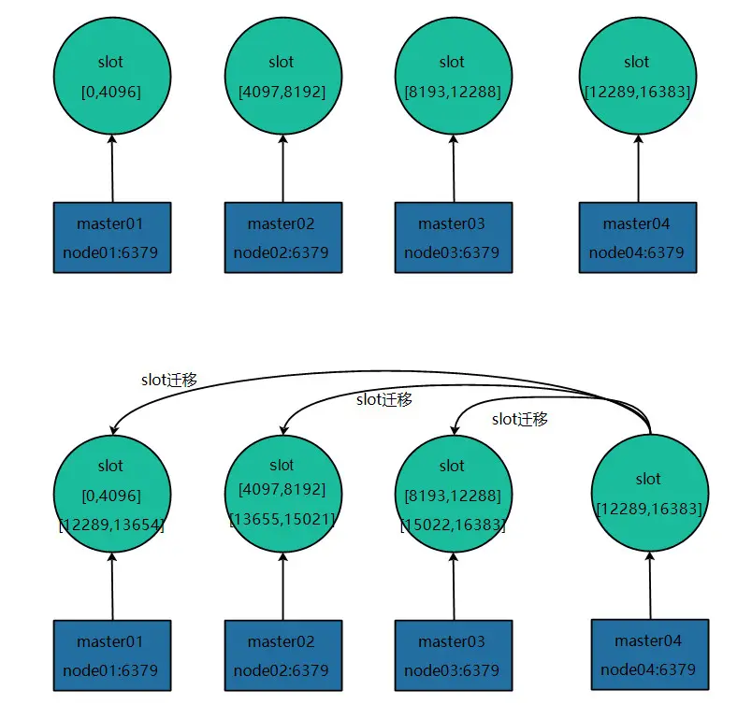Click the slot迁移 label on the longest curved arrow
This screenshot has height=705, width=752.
click(x=169, y=380)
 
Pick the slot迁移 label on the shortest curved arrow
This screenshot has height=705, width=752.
click(x=520, y=419)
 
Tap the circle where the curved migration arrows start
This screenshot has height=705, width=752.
click(x=649, y=493)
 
